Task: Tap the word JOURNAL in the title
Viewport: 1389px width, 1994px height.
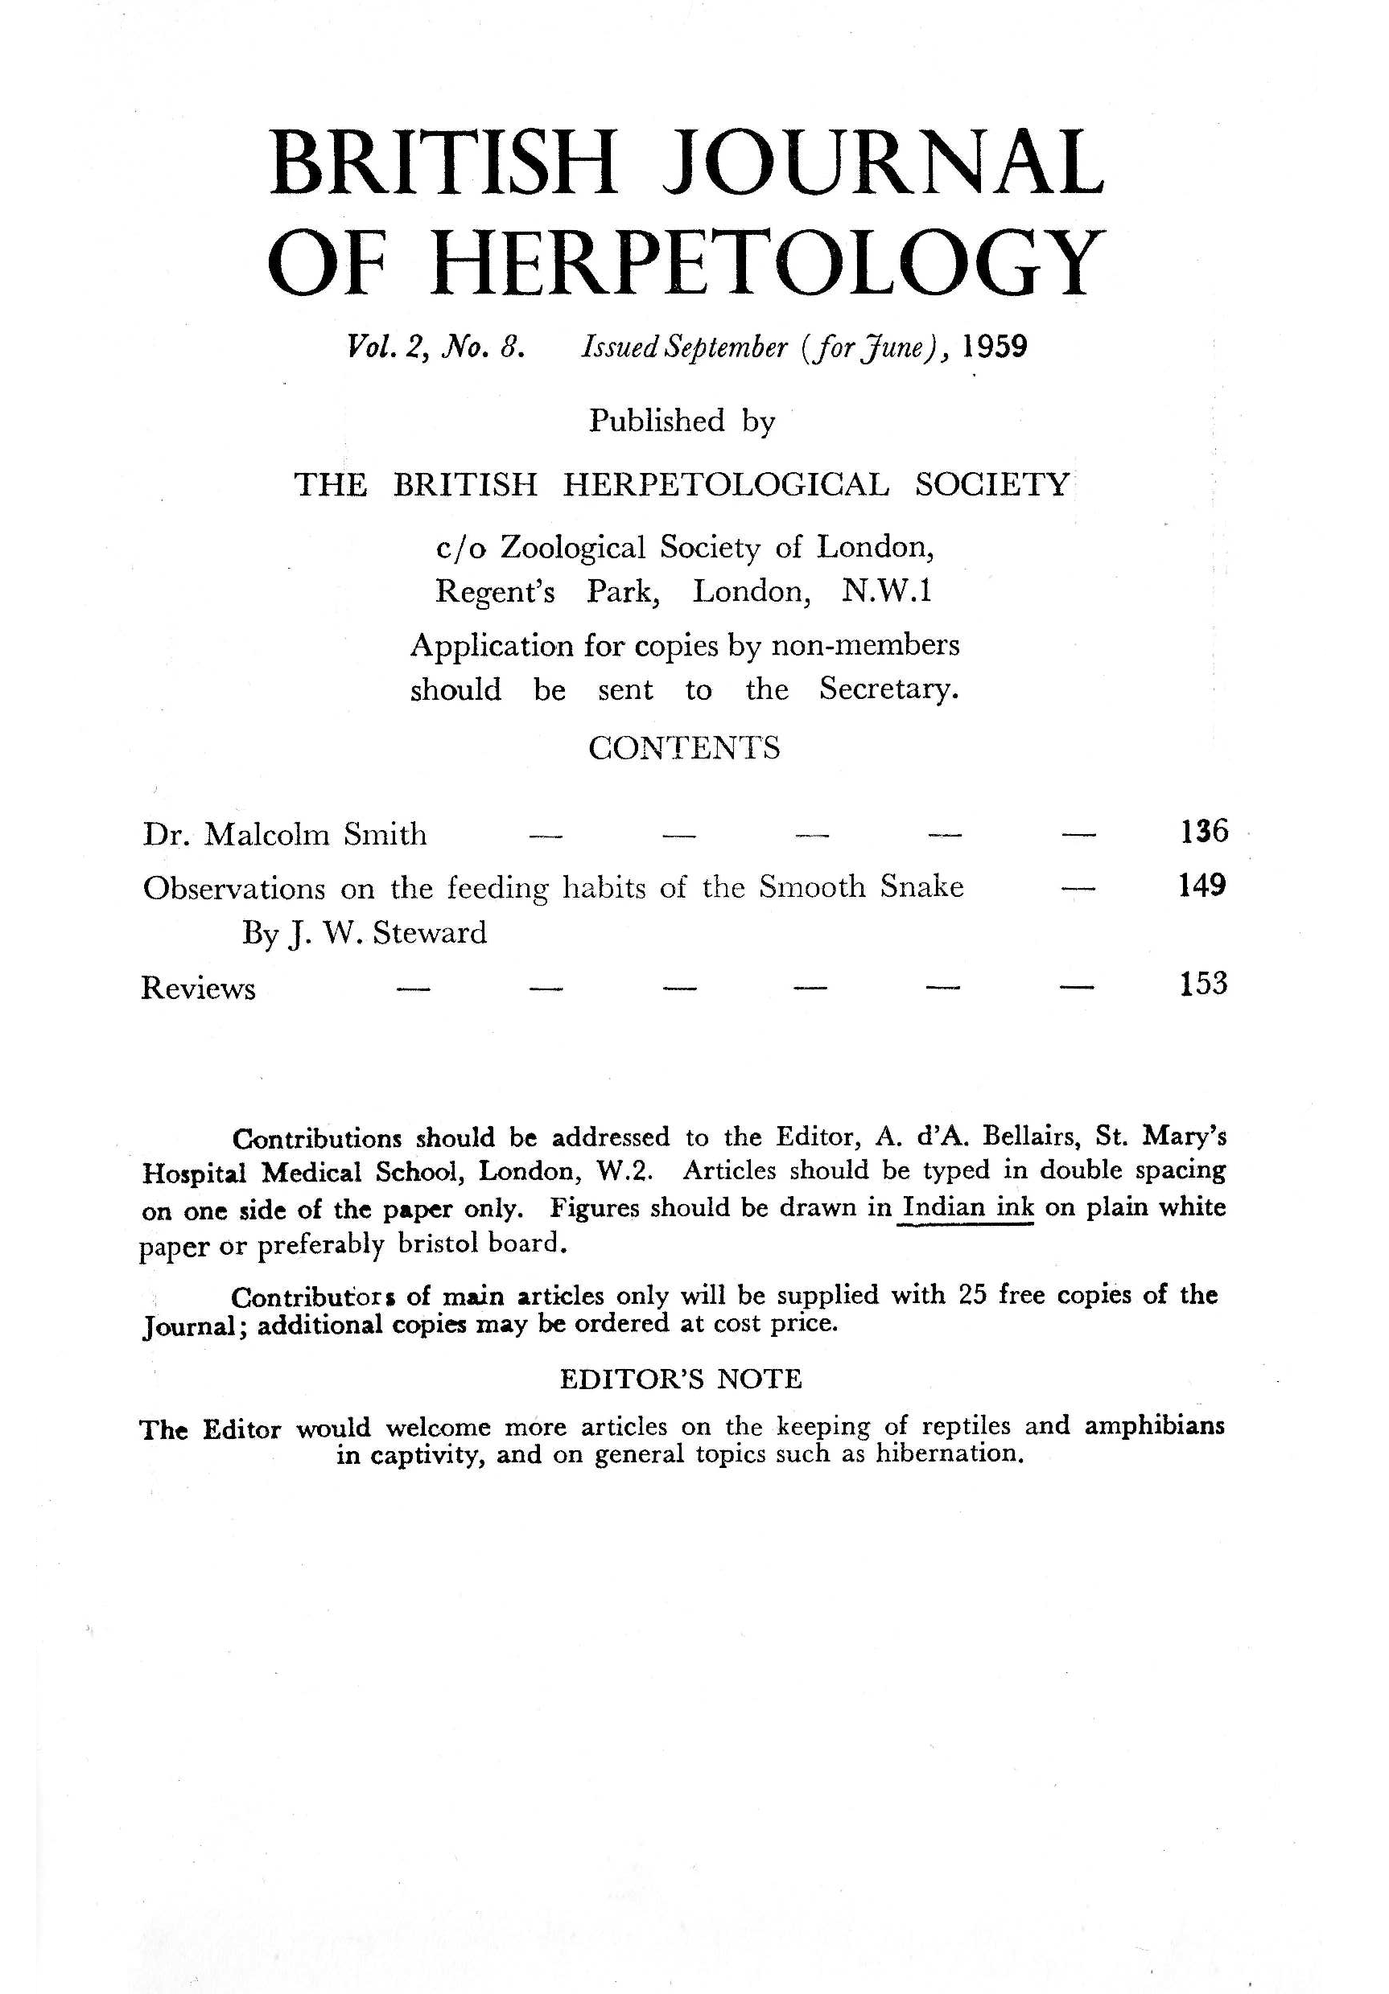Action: pyautogui.click(x=881, y=162)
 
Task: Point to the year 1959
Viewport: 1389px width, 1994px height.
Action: pyautogui.click(x=995, y=347)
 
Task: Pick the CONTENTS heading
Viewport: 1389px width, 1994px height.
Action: pyautogui.click(x=684, y=748)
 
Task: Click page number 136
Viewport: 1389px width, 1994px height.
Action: pyautogui.click(x=1204, y=831)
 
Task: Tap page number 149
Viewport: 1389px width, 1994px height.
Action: pyautogui.click(x=1202, y=886)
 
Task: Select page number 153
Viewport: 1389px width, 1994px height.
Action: pyautogui.click(x=1203, y=983)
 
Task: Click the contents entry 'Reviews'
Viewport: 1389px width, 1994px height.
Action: pyautogui.click(x=198, y=989)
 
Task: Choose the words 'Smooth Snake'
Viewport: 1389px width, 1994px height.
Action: pyautogui.click(x=861, y=886)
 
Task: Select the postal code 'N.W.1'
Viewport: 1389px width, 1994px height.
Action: pyautogui.click(x=886, y=591)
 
